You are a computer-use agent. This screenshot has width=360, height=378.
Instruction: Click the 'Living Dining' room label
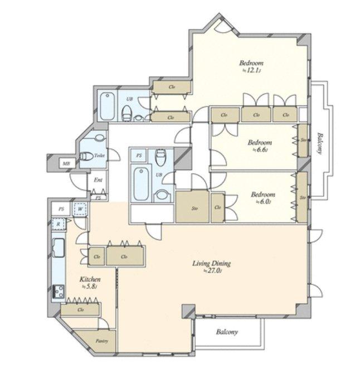click(211, 264)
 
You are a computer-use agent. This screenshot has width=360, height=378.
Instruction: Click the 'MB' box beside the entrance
click(66, 163)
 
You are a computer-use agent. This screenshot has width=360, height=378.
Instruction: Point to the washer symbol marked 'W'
click(80, 210)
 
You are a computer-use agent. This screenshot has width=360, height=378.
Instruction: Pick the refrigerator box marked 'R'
click(58, 224)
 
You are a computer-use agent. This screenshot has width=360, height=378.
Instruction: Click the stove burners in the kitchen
click(58, 291)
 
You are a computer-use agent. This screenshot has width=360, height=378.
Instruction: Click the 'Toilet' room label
click(100, 157)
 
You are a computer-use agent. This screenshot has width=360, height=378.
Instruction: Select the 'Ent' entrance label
click(98, 180)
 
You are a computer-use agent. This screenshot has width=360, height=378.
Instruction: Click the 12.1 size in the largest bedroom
click(252, 71)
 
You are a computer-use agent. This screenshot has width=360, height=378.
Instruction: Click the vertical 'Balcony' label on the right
click(320, 146)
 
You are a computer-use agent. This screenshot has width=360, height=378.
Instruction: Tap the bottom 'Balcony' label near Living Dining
click(226, 333)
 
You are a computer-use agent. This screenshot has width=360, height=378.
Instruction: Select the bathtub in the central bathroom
click(141, 183)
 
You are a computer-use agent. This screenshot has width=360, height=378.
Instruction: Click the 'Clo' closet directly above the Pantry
click(81, 308)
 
